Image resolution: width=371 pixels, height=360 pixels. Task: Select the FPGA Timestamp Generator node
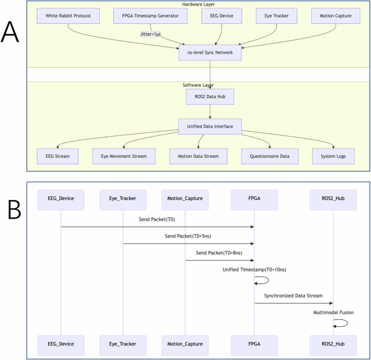pos(151,16)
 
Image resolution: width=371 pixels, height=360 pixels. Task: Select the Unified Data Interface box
pos(210,127)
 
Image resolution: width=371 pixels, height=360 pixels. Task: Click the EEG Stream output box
pos(57,156)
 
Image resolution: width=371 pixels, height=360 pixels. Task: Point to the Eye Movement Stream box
pos(123,156)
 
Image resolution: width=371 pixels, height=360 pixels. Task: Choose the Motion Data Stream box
pos(198,156)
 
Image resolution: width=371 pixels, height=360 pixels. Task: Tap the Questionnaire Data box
pos(269,156)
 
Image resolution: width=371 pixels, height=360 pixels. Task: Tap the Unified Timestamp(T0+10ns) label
pos(253,269)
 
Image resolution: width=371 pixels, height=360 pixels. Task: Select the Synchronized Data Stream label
pos(293,295)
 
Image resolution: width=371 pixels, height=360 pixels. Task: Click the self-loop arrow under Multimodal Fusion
pos(341,323)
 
